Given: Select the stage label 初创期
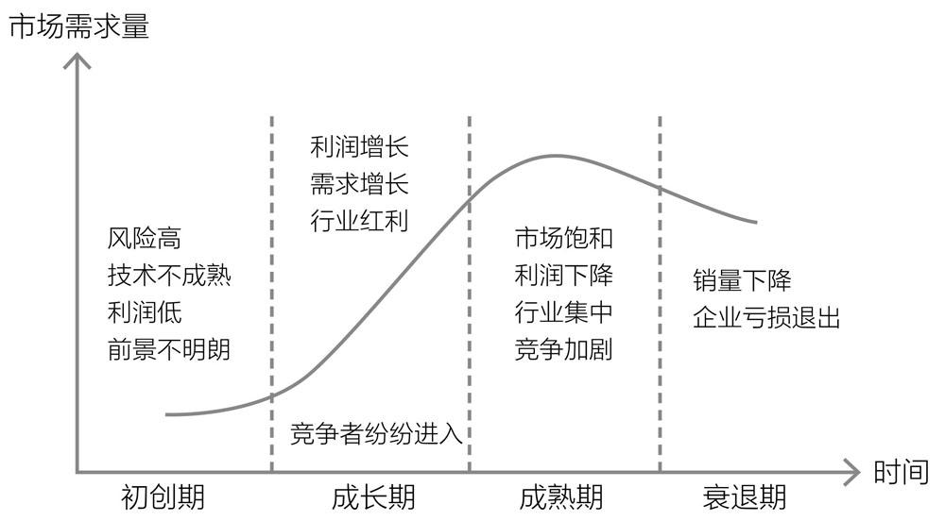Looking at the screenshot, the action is pos(163,496).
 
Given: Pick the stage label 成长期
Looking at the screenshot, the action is pos(374,496).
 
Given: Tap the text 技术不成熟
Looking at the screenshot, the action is pos(169,277).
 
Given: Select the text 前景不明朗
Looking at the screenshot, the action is pos(169,349).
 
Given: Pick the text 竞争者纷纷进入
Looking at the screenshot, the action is pos(376,434).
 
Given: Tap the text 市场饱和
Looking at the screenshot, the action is pos(563,238).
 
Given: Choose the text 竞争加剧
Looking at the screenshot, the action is pos(563,349).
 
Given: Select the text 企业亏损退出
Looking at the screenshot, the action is pos(765,317).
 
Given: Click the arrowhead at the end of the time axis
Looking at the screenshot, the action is pos(851,470).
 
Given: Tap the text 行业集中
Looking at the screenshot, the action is pos(563,312).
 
